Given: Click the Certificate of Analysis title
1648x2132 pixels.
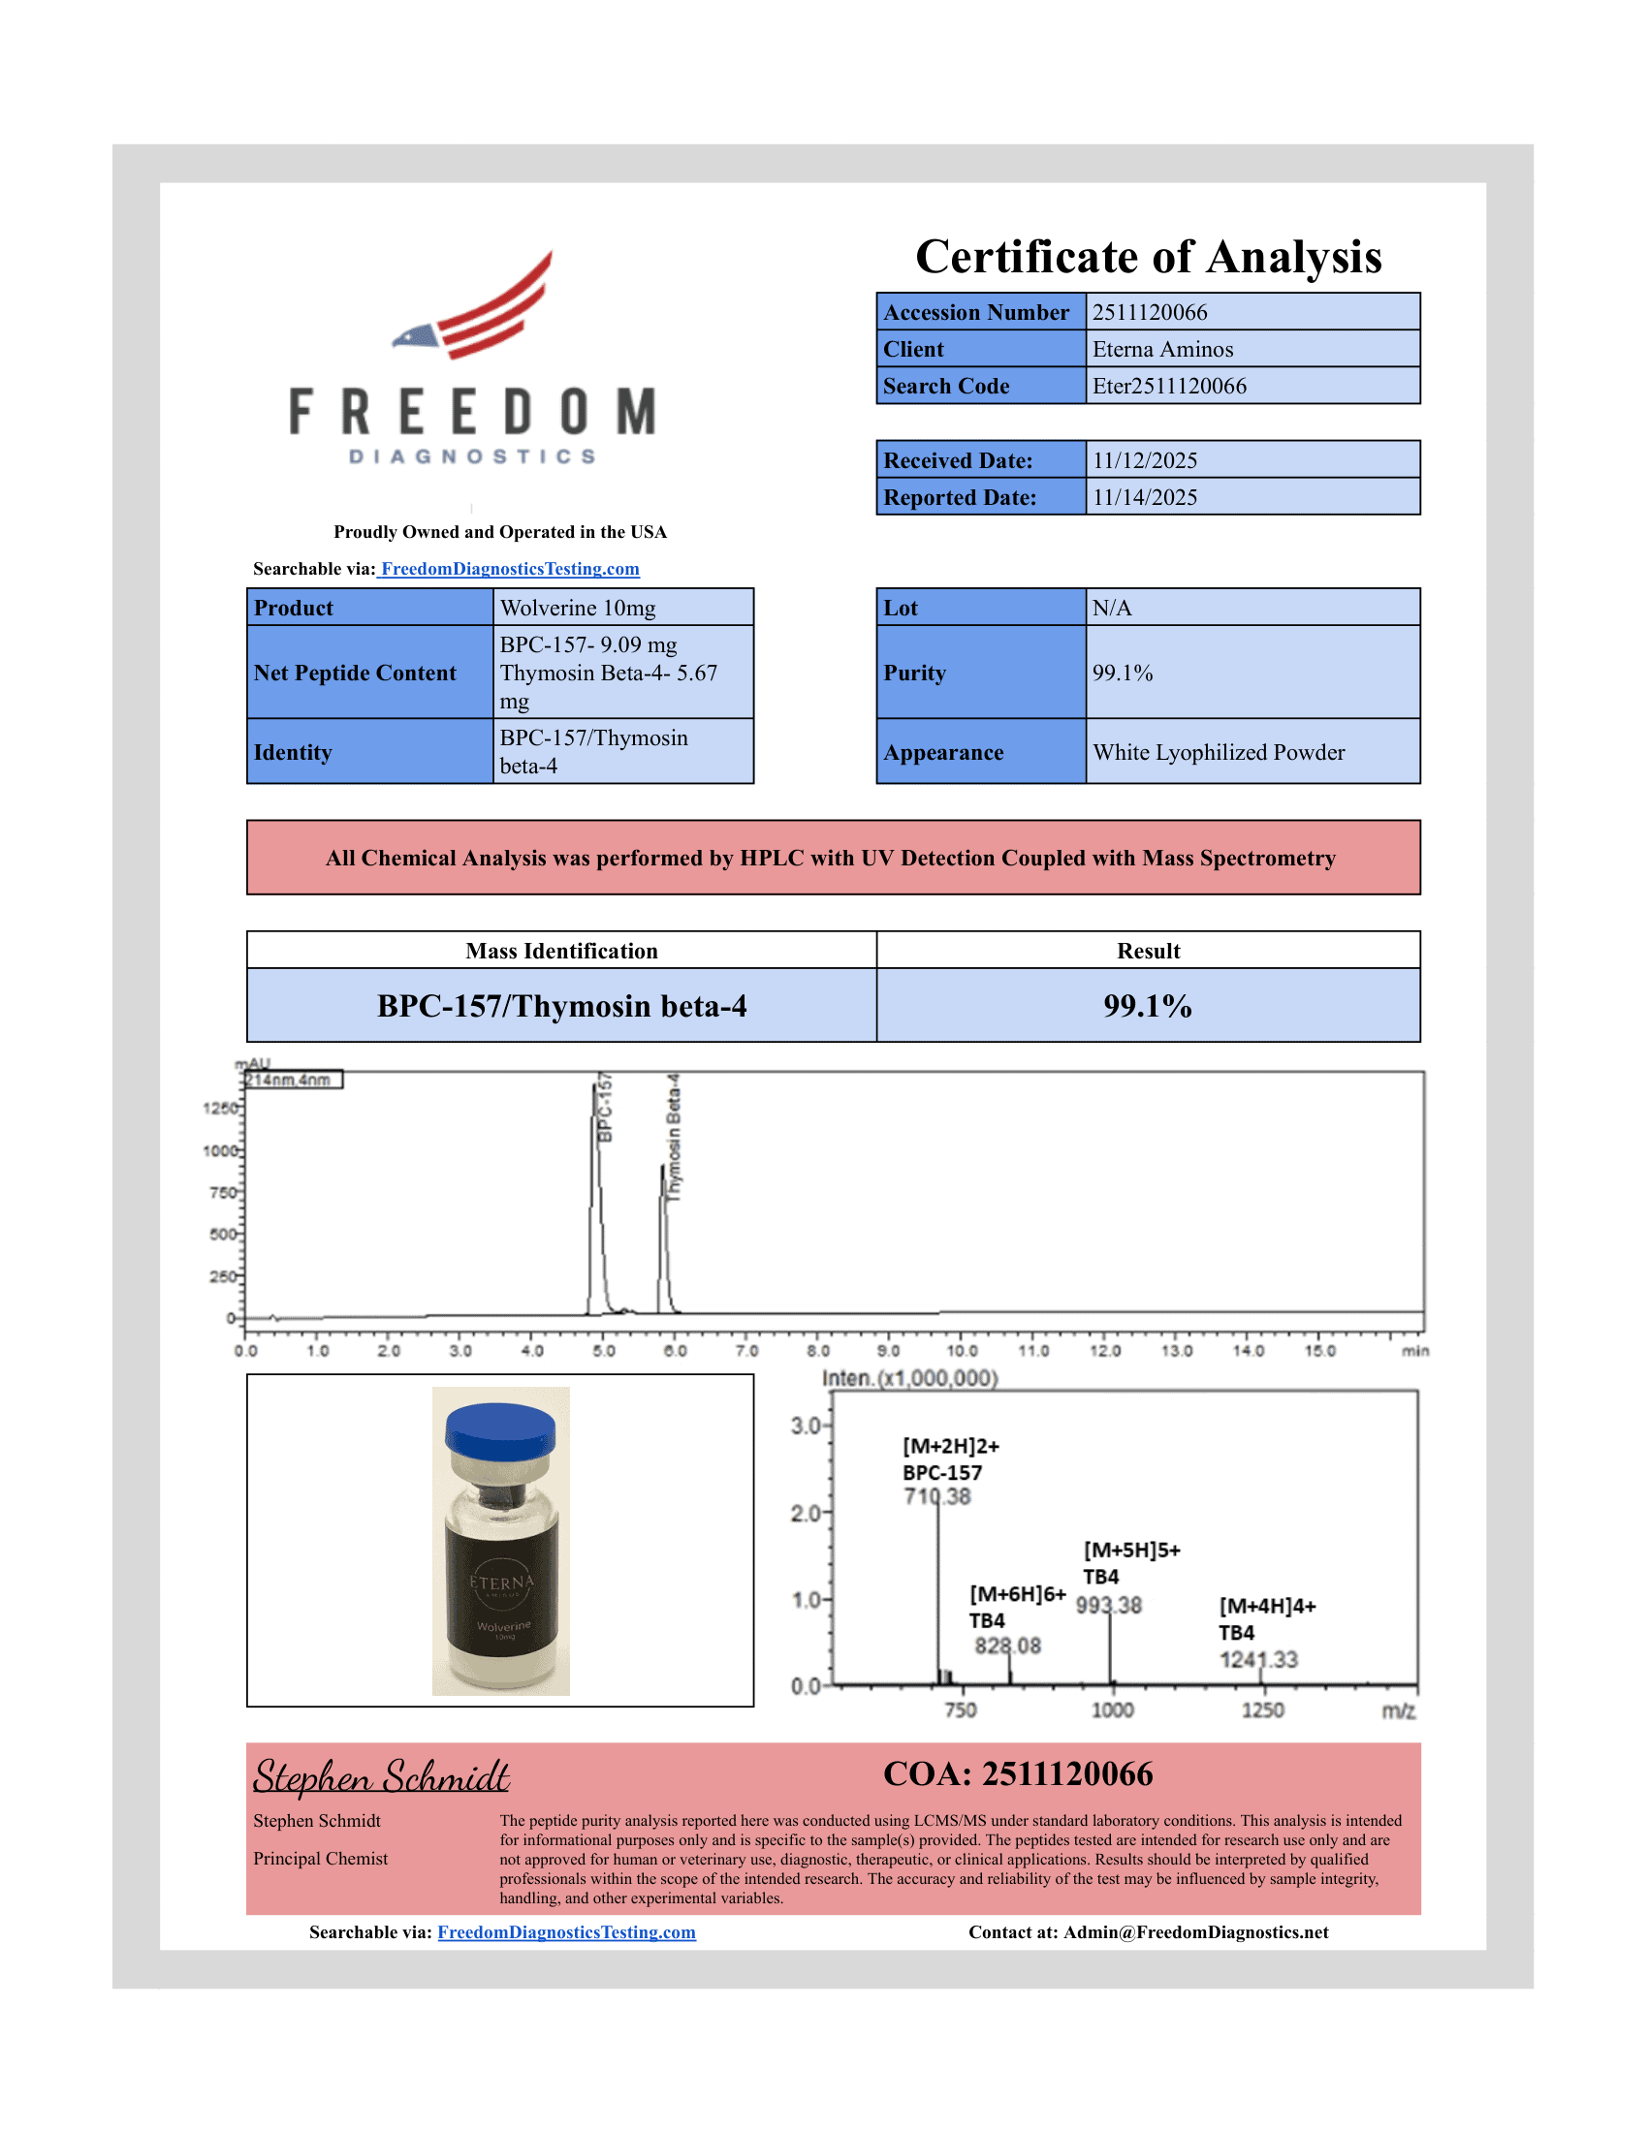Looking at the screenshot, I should pyautogui.click(x=1148, y=257).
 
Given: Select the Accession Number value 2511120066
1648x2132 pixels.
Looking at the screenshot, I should pyautogui.click(x=1149, y=312).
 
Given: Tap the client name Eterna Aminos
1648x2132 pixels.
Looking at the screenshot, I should pyautogui.click(x=1161, y=350).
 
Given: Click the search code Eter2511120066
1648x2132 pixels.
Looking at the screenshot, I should pyautogui.click(x=1169, y=386).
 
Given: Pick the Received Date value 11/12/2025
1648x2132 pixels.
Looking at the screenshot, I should pyautogui.click(x=1144, y=460).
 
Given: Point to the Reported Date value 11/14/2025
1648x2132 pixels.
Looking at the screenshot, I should pyautogui.click(x=1144, y=497).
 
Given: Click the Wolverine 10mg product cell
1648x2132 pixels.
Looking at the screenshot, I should pyautogui.click(x=578, y=609).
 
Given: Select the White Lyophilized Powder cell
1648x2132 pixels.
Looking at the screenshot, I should pyautogui.click(x=1218, y=753).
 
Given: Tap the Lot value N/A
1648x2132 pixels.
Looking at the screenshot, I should pyautogui.click(x=1111, y=609).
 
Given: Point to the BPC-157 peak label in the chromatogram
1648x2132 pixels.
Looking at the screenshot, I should pyautogui.click(x=605, y=1108).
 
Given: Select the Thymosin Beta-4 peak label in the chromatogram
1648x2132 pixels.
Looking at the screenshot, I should pyautogui.click(x=674, y=1138).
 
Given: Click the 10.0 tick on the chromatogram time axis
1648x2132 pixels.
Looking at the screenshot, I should pyautogui.click(x=961, y=1351).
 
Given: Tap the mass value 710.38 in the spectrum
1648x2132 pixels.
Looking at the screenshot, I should pyautogui.click(x=937, y=1496).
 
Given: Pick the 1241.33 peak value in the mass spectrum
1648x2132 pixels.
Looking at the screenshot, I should pyautogui.click(x=1258, y=1659).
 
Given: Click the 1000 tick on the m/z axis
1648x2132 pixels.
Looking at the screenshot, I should pyautogui.click(x=1112, y=1710).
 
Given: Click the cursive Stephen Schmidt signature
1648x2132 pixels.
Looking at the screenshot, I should pyautogui.click(x=381, y=1776).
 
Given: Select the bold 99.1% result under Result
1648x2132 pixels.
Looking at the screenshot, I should pyautogui.click(x=1147, y=1006).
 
